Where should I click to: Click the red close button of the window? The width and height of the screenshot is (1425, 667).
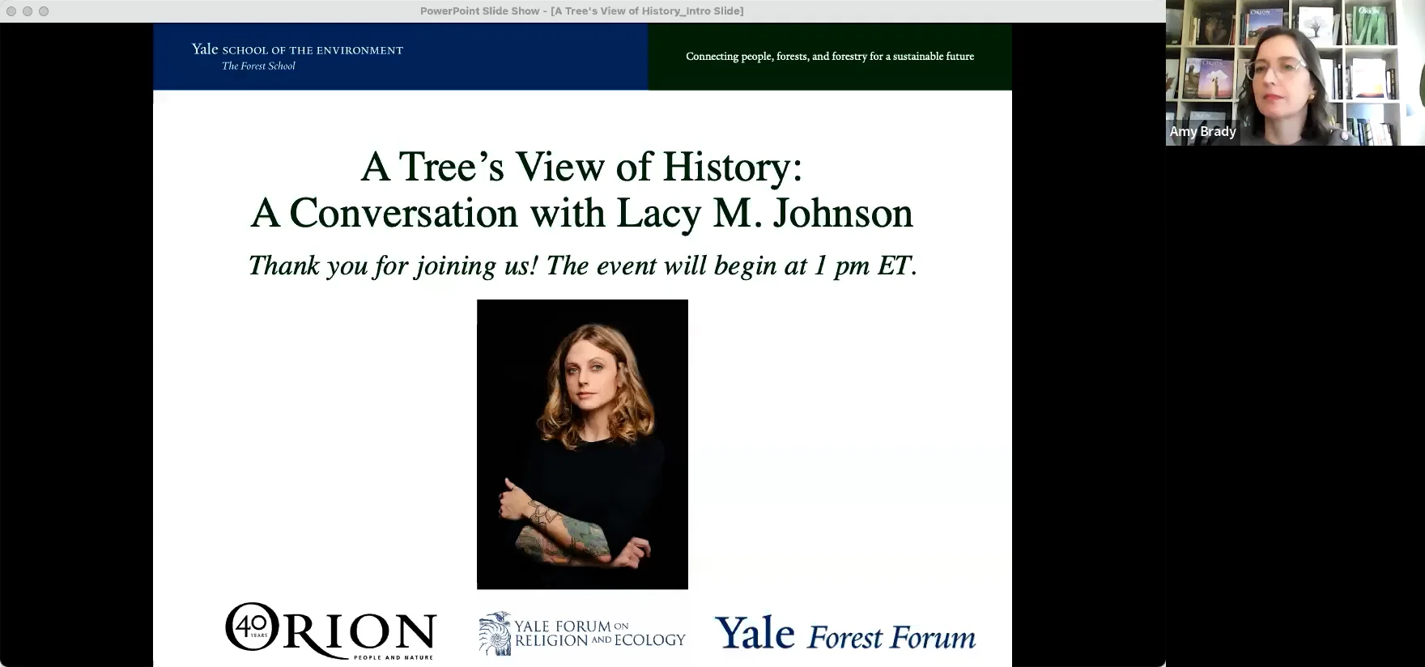11,11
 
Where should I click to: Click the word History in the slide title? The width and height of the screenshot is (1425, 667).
732,167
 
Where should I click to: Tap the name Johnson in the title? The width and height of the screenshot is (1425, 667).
843,213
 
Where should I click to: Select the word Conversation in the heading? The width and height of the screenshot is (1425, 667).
402,213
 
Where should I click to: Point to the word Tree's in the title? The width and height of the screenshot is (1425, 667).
452,167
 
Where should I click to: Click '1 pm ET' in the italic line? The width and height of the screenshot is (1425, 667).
865,266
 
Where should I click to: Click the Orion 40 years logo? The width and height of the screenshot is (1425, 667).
330,631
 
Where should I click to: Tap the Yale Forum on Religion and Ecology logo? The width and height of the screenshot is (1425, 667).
581,633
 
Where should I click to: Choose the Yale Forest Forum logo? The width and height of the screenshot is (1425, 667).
844,634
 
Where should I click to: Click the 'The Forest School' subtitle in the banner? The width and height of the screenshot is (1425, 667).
258,66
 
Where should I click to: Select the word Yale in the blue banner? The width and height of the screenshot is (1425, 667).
205,49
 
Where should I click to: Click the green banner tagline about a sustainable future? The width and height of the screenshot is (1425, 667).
830,57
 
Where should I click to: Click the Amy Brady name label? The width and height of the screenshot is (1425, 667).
1202,131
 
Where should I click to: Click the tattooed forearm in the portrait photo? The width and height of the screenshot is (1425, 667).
567,531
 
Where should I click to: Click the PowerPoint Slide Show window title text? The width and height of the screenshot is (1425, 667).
581,11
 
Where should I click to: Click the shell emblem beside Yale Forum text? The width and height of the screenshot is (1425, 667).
495,633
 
